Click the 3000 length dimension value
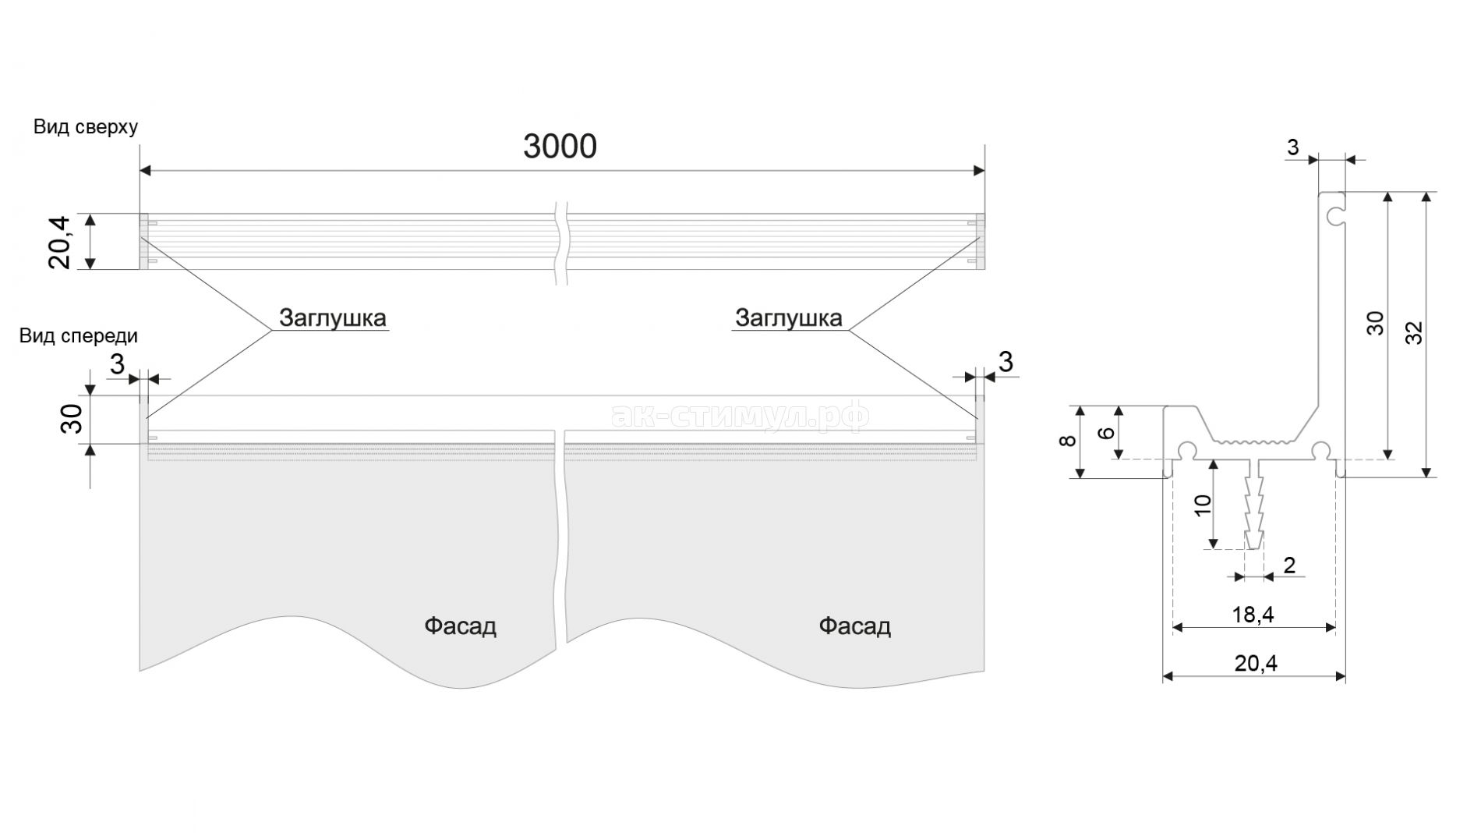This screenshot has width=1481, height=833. [560, 146]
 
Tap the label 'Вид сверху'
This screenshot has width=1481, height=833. [86, 127]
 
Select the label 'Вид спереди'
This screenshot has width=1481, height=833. [79, 335]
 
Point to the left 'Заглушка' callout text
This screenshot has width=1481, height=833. [333, 317]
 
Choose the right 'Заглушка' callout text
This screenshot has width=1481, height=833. [789, 317]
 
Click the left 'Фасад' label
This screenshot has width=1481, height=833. [460, 626]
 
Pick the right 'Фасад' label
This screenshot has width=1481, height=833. [854, 626]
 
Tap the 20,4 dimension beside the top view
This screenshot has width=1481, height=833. [60, 242]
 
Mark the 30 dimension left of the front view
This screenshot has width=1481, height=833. [72, 420]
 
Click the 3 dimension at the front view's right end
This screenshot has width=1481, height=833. [1006, 362]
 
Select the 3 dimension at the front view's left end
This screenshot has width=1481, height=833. [118, 364]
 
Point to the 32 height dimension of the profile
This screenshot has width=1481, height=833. [1416, 333]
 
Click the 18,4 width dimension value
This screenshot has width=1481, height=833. [1253, 615]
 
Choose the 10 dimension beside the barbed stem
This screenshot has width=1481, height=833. [1203, 505]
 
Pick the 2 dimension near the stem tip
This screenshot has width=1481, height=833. [1289, 565]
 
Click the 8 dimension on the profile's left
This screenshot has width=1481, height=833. [1069, 441]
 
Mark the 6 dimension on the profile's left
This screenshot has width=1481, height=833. [1106, 432]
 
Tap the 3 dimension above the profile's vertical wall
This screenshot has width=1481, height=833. [1292, 147]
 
